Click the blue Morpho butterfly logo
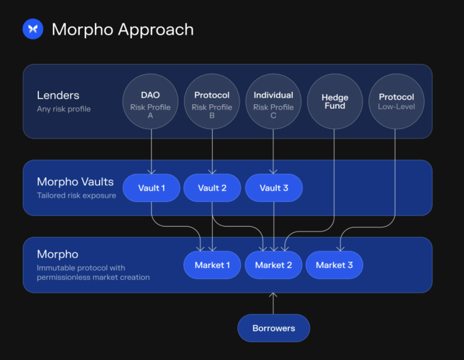point(33,29)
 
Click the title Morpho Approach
point(122,30)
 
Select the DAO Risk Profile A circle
point(150,101)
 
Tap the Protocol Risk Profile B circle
point(212,101)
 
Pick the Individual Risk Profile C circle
point(273,101)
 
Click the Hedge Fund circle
point(335,101)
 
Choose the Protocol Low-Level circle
point(396,101)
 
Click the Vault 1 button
point(151,188)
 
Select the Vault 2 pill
point(212,188)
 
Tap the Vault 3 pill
point(274,188)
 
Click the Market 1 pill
point(212,265)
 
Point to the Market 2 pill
point(274,265)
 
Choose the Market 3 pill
point(334,265)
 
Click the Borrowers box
point(274,328)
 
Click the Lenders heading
point(58,95)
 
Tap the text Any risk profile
point(64,109)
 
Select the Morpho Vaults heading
point(75,182)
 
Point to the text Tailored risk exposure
point(77,195)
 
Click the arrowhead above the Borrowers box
point(273,294)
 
